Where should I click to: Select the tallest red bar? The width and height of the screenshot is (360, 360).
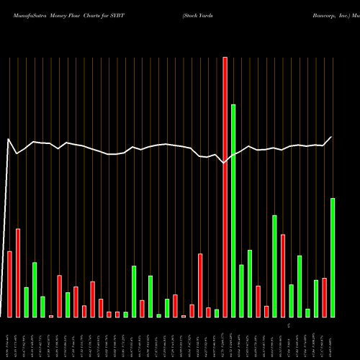[225, 187]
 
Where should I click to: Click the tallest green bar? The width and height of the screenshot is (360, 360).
[233, 210]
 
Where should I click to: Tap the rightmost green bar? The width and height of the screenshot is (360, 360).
[333, 257]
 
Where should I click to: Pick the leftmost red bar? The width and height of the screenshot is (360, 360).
[10, 284]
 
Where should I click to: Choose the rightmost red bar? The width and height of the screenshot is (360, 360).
[325, 297]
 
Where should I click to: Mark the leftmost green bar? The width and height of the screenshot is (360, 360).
[27, 302]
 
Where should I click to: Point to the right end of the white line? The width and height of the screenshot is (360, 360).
[332, 137]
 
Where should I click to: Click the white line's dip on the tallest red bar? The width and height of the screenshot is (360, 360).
[225, 163]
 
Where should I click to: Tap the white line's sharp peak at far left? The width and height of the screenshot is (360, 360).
[9, 139]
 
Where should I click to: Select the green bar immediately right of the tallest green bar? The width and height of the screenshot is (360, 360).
[241, 291]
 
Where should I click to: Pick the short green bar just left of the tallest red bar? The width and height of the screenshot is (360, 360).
[217, 312]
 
